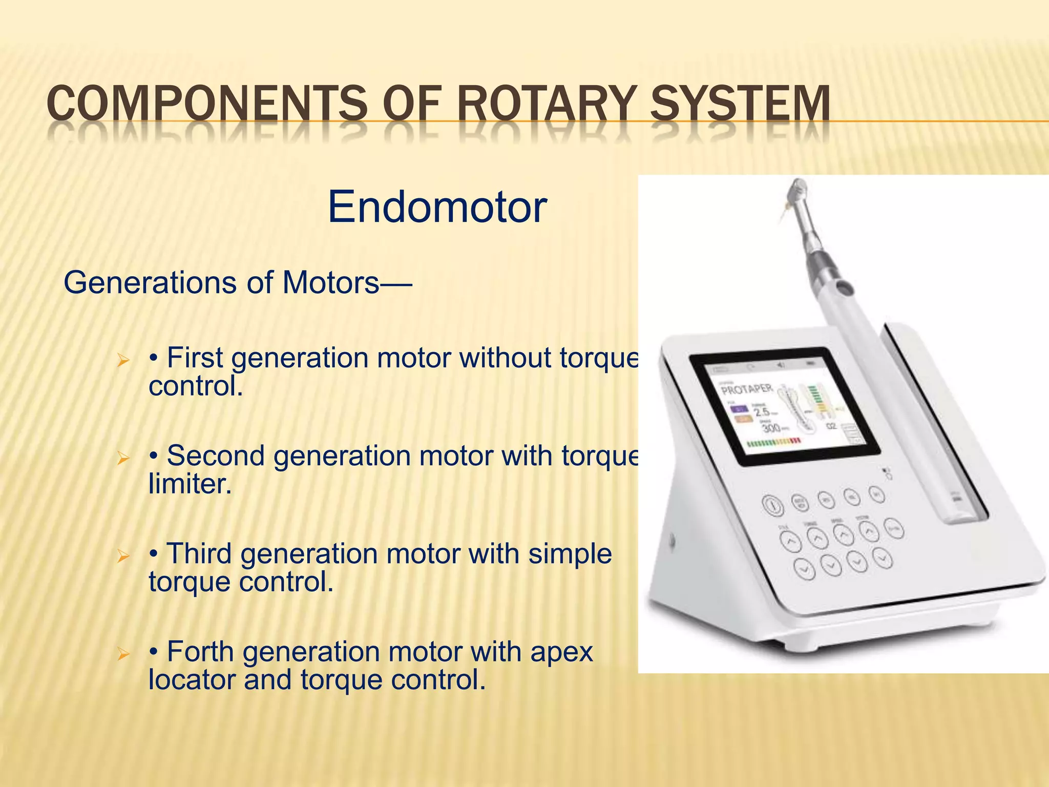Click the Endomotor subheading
pos(437,207)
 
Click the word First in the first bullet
pos(195,358)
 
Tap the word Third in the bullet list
pos(199,554)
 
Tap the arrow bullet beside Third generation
pos(122,555)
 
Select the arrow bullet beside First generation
pos(122,360)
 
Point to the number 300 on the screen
pos(771,427)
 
